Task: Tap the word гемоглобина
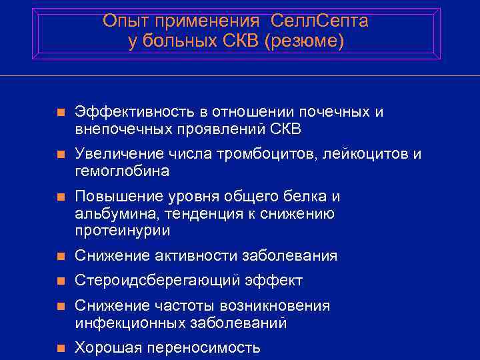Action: (x=122, y=171)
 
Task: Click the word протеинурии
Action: (x=122, y=231)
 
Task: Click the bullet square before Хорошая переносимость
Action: (x=61, y=348)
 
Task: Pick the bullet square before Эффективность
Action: (x=61, y=112)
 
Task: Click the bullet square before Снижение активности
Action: (x=61, y=256)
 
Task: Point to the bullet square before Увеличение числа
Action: (x=61, y=155)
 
